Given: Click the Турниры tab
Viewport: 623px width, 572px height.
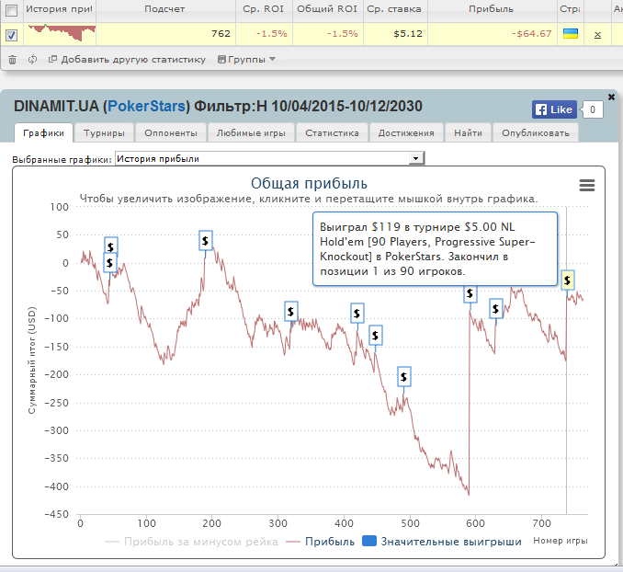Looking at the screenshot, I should coord(104,132).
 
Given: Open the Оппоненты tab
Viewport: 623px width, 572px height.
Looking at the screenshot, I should coord(170,132).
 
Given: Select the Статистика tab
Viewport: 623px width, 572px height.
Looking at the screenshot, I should coord(332,132).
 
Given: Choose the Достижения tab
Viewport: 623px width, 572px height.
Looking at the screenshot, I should coord(406,132).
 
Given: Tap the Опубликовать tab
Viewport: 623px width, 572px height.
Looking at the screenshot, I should coord(536,132).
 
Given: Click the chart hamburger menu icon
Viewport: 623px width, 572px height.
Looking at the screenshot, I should coord(587,185).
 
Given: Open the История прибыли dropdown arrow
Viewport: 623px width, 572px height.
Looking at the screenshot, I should coord(415,159).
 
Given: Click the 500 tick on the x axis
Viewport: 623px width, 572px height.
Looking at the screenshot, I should coord(411,523).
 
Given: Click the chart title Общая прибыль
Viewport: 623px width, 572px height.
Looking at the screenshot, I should coord(309,182).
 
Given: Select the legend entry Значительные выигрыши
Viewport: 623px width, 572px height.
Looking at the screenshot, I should coord(442,542).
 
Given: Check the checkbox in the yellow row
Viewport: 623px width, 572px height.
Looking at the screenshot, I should coord(11,35).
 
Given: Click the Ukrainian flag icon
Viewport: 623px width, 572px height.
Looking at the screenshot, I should coord(570,33).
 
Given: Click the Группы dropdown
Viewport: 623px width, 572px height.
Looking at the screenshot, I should coord(246,60).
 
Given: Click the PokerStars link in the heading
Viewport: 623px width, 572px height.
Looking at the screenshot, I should coord(148,106).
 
